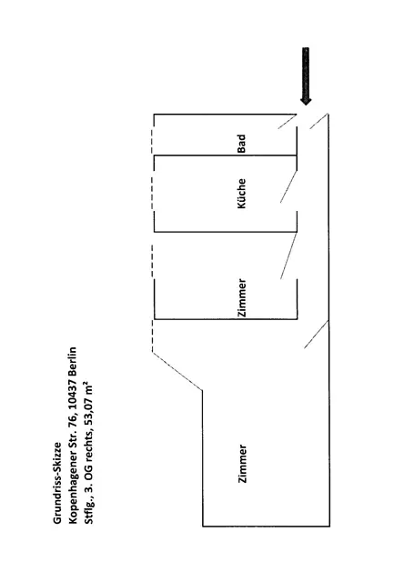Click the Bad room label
click(x=241, y=144)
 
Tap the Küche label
click(x=241, y=194)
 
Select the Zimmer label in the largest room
click(x=242, y=464)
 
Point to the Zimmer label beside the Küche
click(x=242, y=298)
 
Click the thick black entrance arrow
click(x=306, y=76)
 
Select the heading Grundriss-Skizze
click(x=57, y=483)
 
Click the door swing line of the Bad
click(x=287, y=121)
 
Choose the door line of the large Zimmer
click(x=317, y=335)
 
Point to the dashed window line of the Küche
click(x=152, y=193)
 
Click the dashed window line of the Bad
click(x=152, y=141)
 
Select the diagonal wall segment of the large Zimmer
click(x=177, y=372)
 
